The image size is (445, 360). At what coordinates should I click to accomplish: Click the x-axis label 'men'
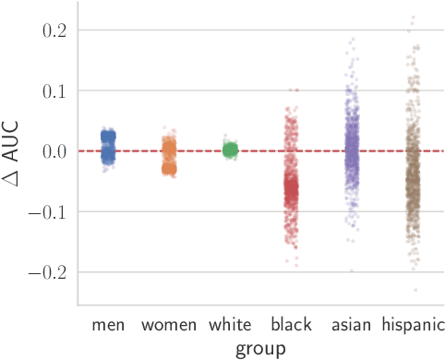click(x=108, y=325)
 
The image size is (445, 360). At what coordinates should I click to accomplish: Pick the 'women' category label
click(x=169, y=325)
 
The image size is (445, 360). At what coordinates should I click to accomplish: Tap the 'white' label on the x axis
click(x=230, y=325)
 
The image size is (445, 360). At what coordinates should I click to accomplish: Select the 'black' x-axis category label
click(x=291, y=325)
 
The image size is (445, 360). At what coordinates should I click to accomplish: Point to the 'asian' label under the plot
click(x=352, y=325)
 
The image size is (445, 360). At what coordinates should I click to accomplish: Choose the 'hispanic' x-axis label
click(x=413, y=325)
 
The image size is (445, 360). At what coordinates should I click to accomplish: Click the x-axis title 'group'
click(x=259, y=348)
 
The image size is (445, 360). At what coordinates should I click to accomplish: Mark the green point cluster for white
click(x=230, y=149)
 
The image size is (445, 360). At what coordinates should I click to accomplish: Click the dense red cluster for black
click(x=291, y=191)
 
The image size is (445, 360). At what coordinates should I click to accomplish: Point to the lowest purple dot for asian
click(x=352, y=270)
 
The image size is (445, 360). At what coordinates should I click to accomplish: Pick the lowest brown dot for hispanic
click(x=415, y=290)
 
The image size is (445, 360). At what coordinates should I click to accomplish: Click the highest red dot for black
click(x=295, y=90)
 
